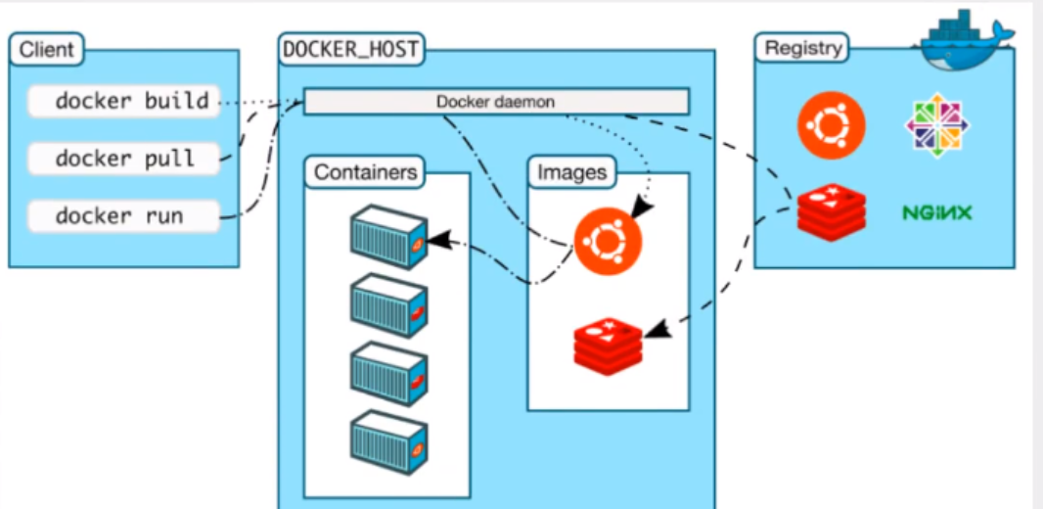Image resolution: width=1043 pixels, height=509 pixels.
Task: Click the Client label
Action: (x=46, y=49)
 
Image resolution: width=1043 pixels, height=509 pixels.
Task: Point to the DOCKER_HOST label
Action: (x=351, y=50)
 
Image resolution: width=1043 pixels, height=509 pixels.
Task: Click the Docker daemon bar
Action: (x=496, y=102)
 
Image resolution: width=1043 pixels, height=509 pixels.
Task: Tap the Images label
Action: (x=572, y=173)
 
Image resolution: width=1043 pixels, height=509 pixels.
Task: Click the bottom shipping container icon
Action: (x=388, y=441)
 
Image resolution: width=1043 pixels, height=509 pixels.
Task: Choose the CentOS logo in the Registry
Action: (x=936, y=125)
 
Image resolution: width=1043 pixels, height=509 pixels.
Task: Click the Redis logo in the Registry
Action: (x=831, y=209)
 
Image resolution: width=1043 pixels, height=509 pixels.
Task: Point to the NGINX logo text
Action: (x=937, y=211)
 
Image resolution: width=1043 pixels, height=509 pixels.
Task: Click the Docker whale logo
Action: (x=963, y=44)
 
